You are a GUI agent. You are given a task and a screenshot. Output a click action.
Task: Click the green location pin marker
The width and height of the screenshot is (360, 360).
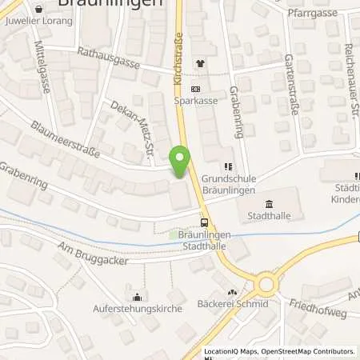182,161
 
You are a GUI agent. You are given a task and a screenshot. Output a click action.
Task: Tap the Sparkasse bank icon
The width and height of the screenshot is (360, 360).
198,90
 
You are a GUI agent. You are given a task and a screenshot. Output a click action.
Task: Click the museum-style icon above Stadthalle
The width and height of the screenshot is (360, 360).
267,203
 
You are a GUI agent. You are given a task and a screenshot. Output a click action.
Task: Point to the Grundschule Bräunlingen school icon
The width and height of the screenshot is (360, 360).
229,166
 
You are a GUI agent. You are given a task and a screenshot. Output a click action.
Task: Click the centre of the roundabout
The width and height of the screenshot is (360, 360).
266,283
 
